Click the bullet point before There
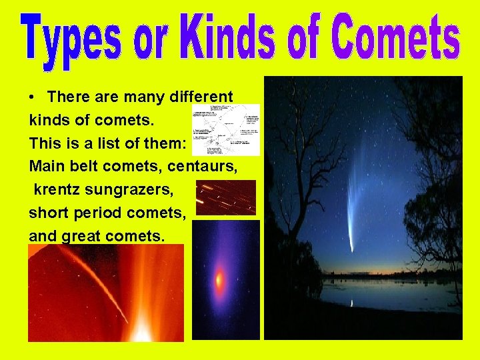point(33,97)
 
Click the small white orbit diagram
point(225,129)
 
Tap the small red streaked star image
point(226,197)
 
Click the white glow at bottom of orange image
point(142,330)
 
